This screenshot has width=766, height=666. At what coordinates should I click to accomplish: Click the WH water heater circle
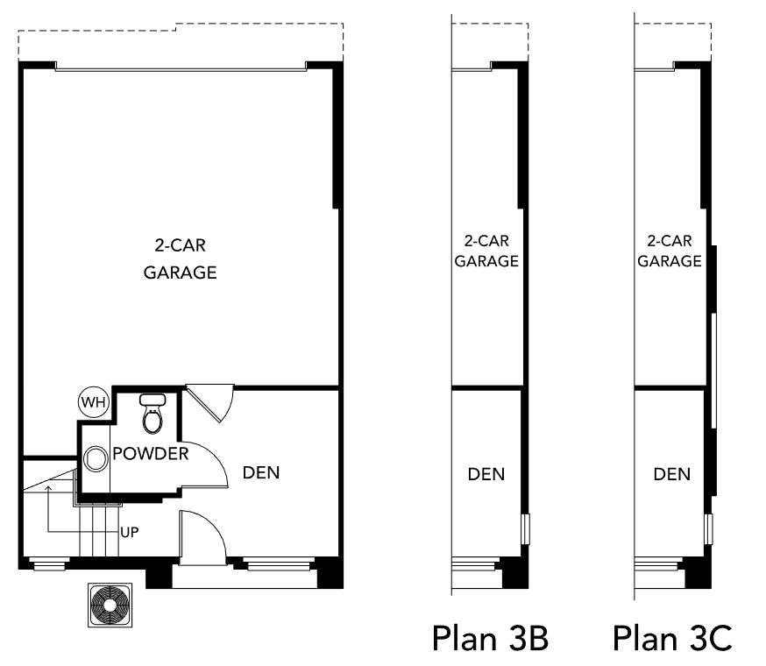(94, 402)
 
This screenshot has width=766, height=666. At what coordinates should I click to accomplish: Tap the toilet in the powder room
(152, 414)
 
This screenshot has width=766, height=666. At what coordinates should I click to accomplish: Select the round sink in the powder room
(96, 459)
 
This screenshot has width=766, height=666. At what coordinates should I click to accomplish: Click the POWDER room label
(151, 454)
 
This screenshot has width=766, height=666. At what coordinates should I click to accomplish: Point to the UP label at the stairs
(130, 532)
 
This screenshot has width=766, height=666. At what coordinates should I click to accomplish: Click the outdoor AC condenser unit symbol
(110, 605)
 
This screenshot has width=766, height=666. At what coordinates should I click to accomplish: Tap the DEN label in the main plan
(261, 472)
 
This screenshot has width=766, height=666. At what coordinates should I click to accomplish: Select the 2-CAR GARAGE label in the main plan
(181, 259)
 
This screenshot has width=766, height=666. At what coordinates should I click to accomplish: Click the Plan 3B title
(490, 638)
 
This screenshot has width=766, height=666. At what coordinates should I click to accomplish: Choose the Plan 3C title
(673, 638)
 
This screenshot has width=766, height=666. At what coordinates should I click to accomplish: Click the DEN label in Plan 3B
(486, 474)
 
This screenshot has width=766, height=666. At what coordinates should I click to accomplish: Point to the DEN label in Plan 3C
(672, 474)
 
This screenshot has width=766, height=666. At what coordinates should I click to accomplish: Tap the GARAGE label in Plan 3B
(486, 261)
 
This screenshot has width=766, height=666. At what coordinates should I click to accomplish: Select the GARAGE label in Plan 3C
(670, 261)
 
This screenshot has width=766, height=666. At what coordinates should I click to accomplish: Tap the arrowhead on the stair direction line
(48, 489)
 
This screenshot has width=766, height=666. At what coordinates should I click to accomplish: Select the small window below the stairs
(47, 563)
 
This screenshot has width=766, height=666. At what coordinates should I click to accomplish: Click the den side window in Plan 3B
(526, 528)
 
